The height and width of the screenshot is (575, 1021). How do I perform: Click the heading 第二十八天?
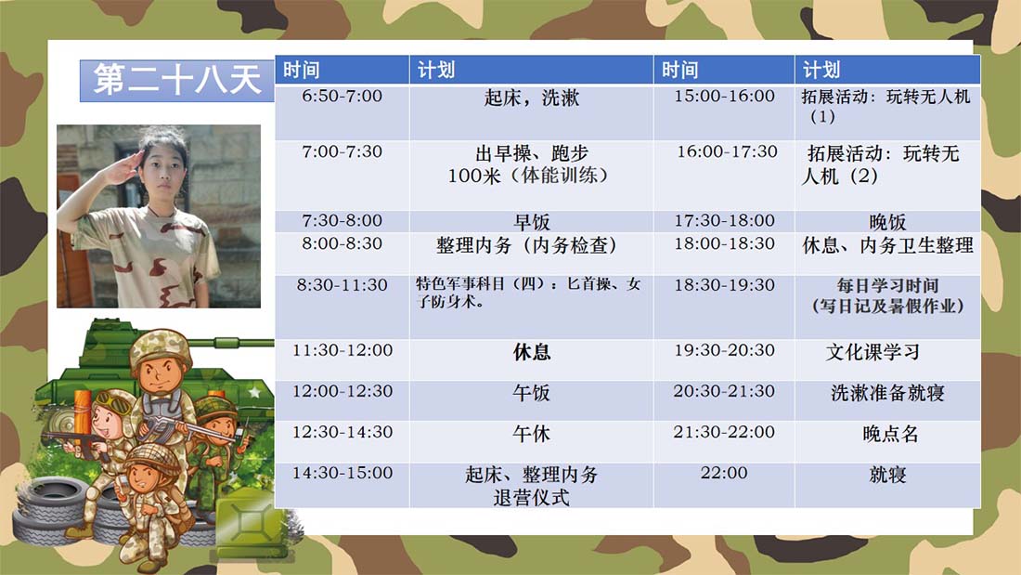tap(177, 80)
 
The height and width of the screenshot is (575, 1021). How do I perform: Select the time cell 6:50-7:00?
tap(342, 97)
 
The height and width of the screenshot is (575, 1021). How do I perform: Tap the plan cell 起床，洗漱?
tap(531, 98)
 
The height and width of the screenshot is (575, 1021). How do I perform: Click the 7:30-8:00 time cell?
tap(342, 221)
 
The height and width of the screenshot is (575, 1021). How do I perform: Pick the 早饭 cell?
tap(531, 222)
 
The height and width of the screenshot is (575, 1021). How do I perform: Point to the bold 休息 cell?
tap(531, 352)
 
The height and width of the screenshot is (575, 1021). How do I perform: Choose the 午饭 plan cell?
tap(531, 393)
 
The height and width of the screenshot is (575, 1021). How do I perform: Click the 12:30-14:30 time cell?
tap(342, 432)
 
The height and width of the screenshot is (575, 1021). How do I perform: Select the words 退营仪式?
tap(531, 498)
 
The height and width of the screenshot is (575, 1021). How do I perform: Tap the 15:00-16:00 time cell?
tap(724, 97)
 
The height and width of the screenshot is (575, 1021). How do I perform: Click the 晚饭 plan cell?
tap(887, 222)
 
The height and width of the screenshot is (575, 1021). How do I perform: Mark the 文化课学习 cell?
tap(872, 352)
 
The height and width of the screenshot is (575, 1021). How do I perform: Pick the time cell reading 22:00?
tap(724, 474)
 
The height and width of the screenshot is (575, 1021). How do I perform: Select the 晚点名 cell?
tap(890, 434)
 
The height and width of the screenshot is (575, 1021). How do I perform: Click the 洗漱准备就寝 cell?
tap(887, 393)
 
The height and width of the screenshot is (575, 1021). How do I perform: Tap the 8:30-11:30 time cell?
tap(342, 285)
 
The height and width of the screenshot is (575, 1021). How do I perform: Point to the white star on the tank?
tap(254, 392)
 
